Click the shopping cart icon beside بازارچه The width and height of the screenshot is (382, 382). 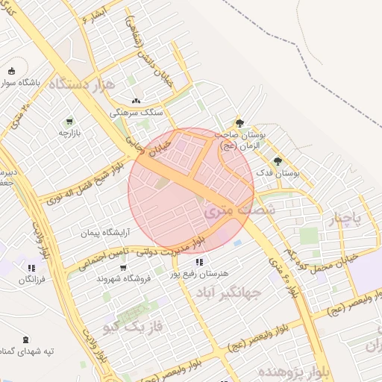coord(69,122)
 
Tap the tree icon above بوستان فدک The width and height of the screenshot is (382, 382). coord(278,161)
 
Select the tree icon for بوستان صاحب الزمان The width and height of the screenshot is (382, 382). coord(239,124)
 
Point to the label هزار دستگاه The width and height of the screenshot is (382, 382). coord(81,84)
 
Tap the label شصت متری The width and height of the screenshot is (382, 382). coord(239,210)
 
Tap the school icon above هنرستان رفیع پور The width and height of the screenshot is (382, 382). coord(198,262)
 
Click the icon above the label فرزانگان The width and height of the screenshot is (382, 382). coord(31,267)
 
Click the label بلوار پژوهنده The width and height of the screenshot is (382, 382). coord(293,371)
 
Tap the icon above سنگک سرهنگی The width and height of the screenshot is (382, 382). coord(135,101)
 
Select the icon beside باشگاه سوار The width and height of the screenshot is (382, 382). coord(11,71)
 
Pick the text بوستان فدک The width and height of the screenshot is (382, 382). coord(277,173)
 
